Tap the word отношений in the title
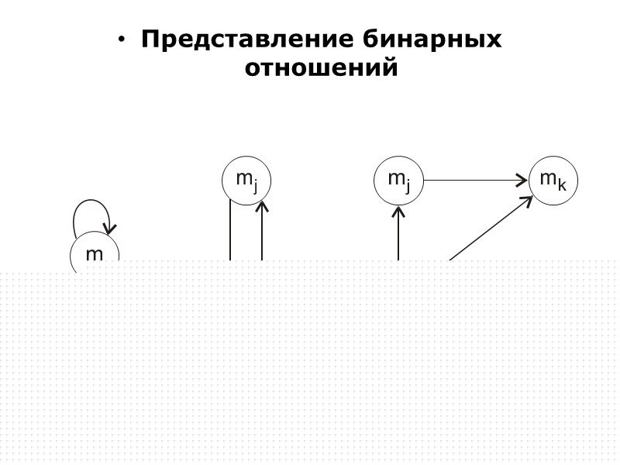321,68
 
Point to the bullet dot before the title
122,40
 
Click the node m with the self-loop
94,253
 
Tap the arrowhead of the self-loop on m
111,228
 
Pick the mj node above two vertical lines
246,181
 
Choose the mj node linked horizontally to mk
398,181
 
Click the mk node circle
553,181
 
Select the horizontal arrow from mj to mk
473,181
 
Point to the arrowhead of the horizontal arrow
523,181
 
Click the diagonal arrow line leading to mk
488,229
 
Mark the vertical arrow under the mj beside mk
398,236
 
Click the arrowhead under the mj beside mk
398,210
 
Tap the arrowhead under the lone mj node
262,205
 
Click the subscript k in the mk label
563,185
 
